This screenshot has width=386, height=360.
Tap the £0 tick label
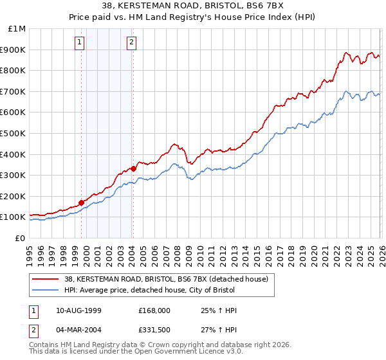20,238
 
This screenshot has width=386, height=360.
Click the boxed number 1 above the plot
80,43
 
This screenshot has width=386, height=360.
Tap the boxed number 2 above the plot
131,43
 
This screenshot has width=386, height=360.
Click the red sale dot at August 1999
82,203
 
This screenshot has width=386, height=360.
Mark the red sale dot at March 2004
133,168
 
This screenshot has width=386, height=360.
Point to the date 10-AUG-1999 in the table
74,310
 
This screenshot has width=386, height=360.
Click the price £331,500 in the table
154,332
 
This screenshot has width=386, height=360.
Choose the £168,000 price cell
154,310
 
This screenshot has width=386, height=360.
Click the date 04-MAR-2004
74,332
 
